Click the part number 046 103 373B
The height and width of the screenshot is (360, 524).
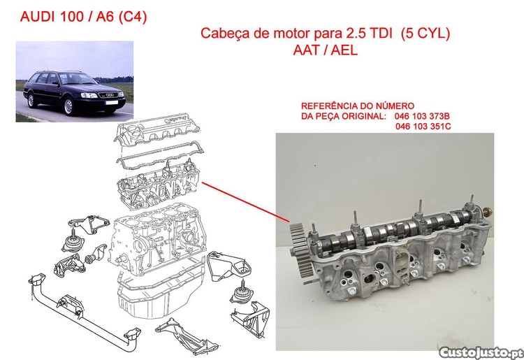pyautogui.click(x=422, y=116)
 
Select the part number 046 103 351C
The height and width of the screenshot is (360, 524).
pyautogui.click(x=423, y=127)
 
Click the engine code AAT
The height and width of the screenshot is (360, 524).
pyautogui.click(x=306, y=50)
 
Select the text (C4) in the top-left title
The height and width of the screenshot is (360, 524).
pyautogui.click(x=133, y=17)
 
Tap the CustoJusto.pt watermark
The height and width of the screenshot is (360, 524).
pyautogui.click(x=481, y=352)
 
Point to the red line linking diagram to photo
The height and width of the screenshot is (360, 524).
pyautogui.click(x=246, y=202)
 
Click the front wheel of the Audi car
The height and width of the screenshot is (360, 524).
pyautogui.click(x=68, y=106)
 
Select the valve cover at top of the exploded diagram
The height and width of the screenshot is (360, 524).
pyautogui.click(x=157, y=130)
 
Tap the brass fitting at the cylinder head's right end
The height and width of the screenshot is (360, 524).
pyautogui.click(x=488, y=211)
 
